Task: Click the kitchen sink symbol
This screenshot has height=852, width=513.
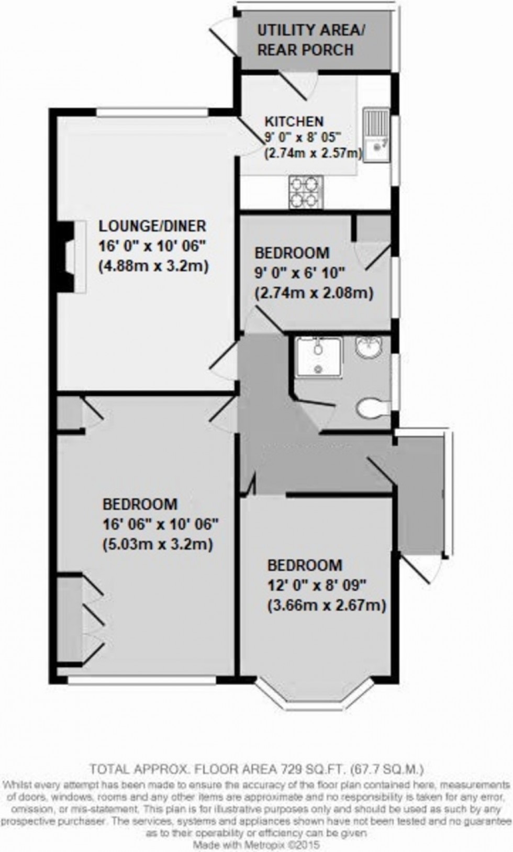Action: point(376,136)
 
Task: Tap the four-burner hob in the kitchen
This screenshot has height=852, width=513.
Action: point(305,192)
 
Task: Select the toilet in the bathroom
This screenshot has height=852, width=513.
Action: point(372,408)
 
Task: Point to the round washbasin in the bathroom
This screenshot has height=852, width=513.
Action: point(370,347)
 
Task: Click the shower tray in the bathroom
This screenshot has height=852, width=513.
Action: point(319,357)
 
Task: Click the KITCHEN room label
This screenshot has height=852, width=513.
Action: point(294,121)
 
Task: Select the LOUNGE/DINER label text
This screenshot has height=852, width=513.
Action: point(153,226)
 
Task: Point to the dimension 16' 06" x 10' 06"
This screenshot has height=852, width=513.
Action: point(160,524)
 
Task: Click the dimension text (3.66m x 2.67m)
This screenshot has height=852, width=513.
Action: point(327,606)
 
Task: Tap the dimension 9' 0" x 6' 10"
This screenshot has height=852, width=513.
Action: point(300,273)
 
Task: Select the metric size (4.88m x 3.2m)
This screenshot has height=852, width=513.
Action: point(154,266)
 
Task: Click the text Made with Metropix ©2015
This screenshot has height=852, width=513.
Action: point(256,845)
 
